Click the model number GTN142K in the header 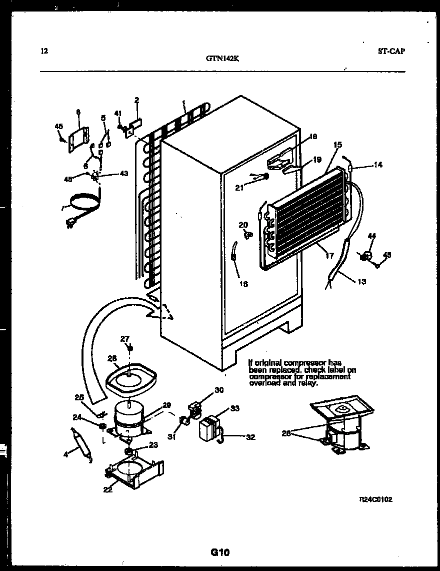pos(222,58)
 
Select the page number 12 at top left pos(44,51)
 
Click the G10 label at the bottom pos(219,552)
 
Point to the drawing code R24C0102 pos(376,499)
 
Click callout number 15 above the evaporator pos(337,145)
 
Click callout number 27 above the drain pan pos(124,338)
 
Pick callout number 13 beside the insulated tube pos(361,281)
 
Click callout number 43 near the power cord pos(123,173)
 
